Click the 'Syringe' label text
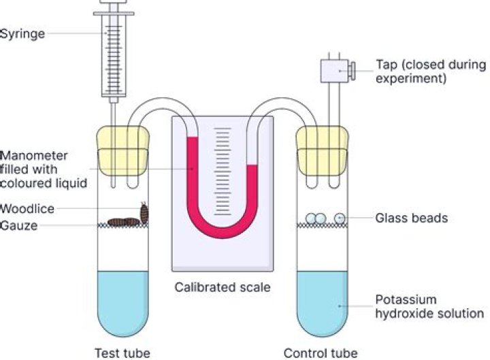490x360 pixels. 22,33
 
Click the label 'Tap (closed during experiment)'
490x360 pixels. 430,71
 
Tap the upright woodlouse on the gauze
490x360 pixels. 144,212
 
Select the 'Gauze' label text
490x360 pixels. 19,226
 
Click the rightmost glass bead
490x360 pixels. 340,218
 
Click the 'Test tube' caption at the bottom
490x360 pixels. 122,353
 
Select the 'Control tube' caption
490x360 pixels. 320,353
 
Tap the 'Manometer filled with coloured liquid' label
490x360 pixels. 34,167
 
